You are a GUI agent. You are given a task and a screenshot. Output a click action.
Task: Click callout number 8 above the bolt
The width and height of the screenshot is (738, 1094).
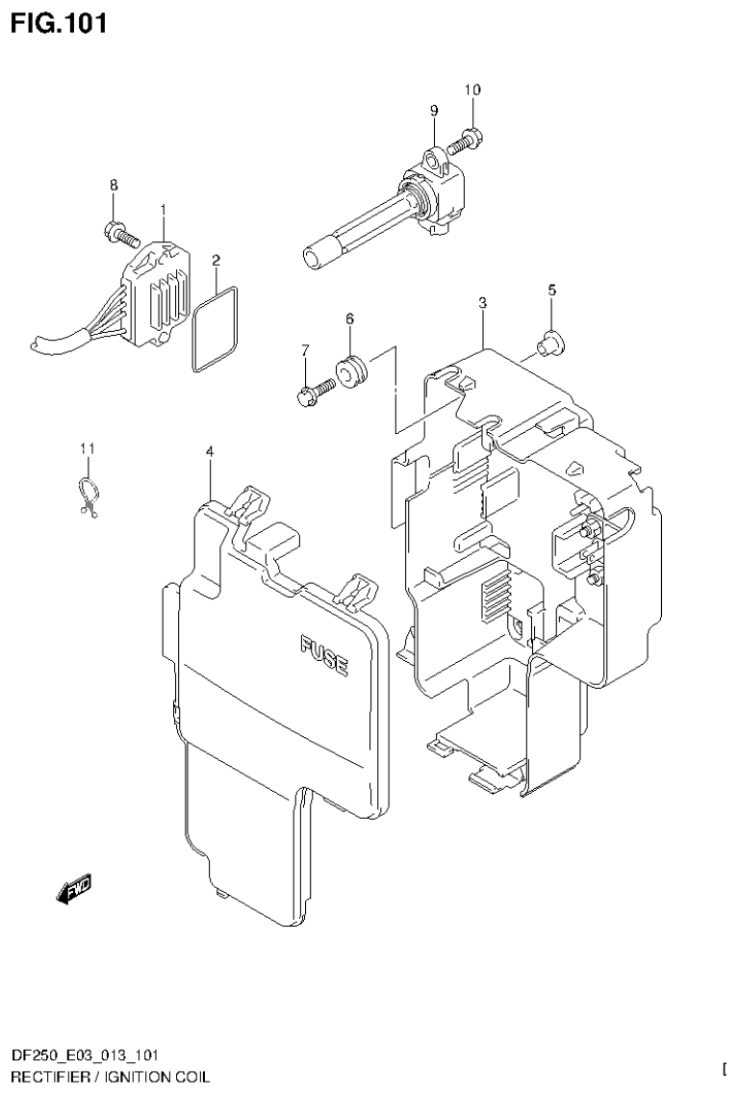pyautogui.click(x=113, y=185)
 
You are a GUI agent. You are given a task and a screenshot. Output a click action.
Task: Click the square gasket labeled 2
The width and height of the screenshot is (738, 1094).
pyautogui.click(x=215, y=330)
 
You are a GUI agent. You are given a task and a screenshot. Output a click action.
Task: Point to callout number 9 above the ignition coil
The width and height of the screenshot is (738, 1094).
pyautogui.click(x=434, y=110)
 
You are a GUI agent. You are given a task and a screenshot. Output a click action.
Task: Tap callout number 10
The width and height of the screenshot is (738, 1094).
pyautogui.click(x=472, y=89)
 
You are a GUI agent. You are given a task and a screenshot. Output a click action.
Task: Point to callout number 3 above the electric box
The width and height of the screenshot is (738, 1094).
pyautogui.click(x=482, y=302)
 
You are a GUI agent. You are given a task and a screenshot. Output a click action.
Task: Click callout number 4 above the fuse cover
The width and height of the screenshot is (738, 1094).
pyautogui.click(x=209, y=452)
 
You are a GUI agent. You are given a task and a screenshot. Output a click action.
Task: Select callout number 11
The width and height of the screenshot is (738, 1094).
pyautogui.click(x=88, y=448)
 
